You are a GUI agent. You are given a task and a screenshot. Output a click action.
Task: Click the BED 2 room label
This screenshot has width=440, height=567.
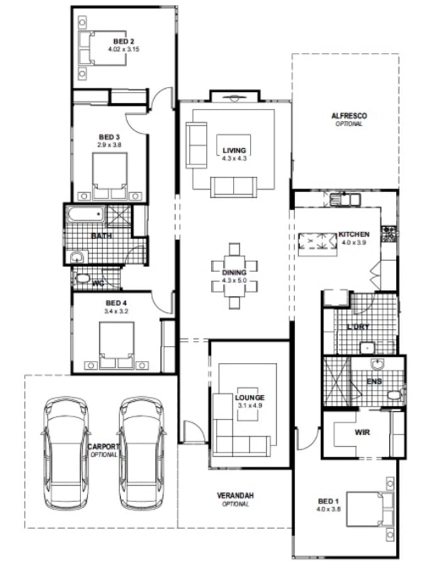123,42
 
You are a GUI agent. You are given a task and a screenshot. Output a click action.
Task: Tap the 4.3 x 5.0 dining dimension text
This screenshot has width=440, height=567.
234,280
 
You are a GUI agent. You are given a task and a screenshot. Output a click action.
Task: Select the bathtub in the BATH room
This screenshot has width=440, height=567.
86,215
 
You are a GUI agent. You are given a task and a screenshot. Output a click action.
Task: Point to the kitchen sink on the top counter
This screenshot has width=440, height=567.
345,199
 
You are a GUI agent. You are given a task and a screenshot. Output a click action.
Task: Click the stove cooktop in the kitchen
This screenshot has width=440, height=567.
389,234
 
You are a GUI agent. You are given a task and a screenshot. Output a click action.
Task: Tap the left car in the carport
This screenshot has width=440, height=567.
65,454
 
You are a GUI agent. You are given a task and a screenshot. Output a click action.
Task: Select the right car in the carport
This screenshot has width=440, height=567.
141,454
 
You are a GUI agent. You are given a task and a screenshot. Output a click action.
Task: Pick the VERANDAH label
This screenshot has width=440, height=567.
235,495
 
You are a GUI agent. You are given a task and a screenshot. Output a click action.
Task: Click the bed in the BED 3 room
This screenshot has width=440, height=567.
110,176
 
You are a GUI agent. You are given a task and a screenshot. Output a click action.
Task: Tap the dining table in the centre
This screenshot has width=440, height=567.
234,277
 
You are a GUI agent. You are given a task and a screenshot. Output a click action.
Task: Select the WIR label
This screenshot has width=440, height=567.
362,432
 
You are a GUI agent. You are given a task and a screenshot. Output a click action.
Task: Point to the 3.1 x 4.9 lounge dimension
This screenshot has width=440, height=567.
250,406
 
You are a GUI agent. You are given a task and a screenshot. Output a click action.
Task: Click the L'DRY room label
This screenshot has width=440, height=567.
358,327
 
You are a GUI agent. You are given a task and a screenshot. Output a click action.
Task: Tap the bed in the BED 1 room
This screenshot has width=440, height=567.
370,509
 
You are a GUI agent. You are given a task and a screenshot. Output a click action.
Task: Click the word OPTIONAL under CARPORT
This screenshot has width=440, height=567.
104,454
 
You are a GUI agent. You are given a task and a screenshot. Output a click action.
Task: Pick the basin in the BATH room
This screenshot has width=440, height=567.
77,257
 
